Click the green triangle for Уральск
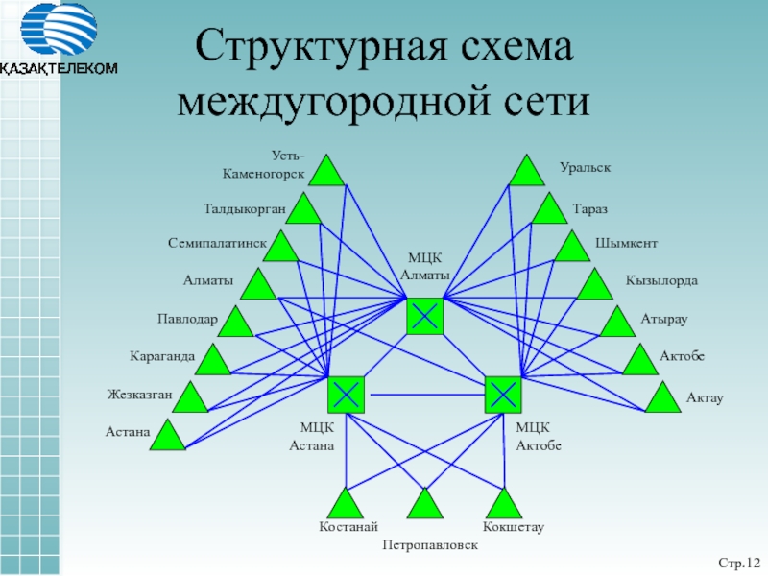pos(526,172)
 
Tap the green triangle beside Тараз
pos(550,210)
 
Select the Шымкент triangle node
pos(572,248)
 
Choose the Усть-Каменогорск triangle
pos(327,172)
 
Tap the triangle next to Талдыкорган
pos(304,210)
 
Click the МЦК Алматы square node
pos(425,316)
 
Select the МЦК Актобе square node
pos(503,395)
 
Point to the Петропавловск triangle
pos(423,503)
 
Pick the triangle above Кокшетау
pos(503,503)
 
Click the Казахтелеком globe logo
pos(60,32)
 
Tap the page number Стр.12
pos(739,561)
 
